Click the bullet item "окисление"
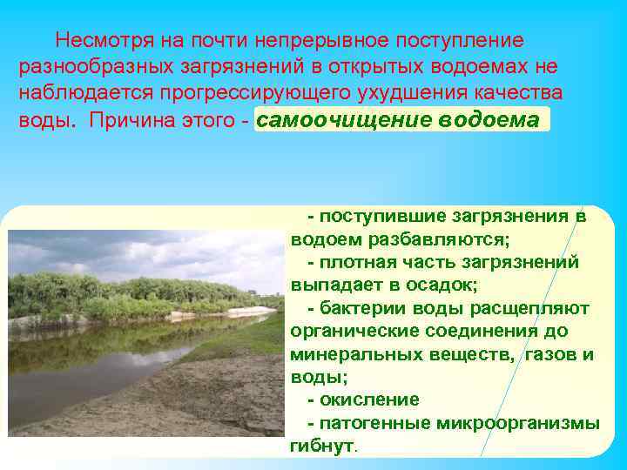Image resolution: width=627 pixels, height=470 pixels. click(369, 399)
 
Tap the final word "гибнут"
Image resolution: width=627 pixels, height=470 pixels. click(321, 446)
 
